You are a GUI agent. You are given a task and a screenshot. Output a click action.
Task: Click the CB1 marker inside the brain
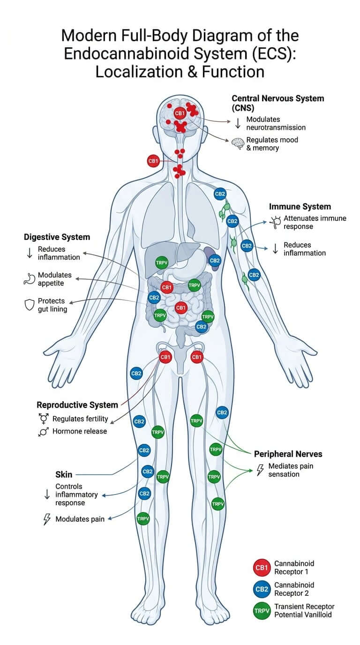click(x=180, y=113)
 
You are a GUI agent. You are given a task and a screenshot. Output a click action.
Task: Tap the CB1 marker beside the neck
click(x=153, y=161)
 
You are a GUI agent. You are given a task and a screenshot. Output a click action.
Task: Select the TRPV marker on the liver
click(x=162, y=262)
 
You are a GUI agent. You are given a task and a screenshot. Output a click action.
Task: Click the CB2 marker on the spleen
click(x=215, y=261)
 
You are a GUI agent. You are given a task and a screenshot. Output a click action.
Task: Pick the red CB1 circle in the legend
click(x=262, y=568)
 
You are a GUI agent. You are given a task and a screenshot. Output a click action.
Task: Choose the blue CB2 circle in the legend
click(x=262, y=589)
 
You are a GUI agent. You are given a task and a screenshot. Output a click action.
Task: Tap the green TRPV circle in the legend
click(x=262, y=611)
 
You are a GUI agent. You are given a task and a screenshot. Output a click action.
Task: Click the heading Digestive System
click(x=57, y=237)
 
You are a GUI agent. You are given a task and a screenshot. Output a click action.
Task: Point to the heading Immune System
click(x=300, y=206)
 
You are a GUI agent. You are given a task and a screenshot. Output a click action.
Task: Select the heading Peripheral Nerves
click(x=288, y=454)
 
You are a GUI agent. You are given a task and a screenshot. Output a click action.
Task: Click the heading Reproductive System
click(x=77, y=405)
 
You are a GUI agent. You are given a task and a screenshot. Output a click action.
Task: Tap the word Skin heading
click(x=64, y=474)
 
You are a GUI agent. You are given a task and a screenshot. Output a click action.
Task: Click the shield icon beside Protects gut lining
click(x=30, y=305)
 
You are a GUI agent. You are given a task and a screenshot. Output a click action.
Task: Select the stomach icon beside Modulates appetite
click(x=29, y=279)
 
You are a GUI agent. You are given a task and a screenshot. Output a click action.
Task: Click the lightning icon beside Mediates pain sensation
click(x=260, y=470)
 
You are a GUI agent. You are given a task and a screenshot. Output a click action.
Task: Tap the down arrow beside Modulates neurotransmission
click(x=238, y=123)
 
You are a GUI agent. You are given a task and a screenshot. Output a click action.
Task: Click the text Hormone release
click(x=80, y=431)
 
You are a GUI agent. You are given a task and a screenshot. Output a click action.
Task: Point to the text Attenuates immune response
click(x=315, y=222)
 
